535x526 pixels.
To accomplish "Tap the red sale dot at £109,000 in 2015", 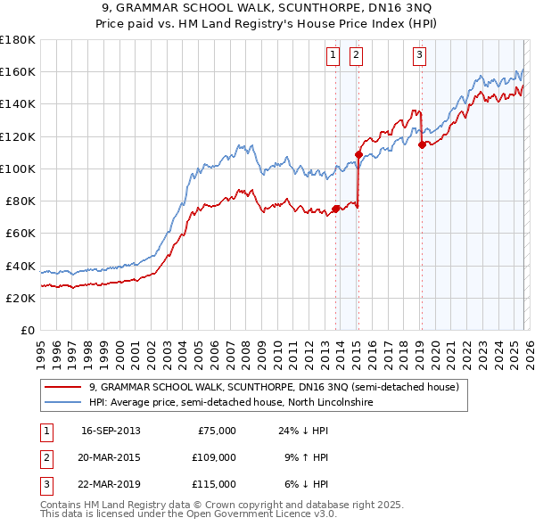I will coord(358,154).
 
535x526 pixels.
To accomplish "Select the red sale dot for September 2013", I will coord(335,210).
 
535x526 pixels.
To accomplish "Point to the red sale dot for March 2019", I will coord(422,144).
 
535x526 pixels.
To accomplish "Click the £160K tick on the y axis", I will coord(18,72).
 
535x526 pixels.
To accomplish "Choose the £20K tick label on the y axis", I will coord(21,299).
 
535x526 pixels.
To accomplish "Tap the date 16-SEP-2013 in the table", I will coord(111,431).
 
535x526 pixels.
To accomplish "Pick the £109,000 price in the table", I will coord(215,457).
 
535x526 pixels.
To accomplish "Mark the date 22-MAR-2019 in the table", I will coord(111,484).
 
